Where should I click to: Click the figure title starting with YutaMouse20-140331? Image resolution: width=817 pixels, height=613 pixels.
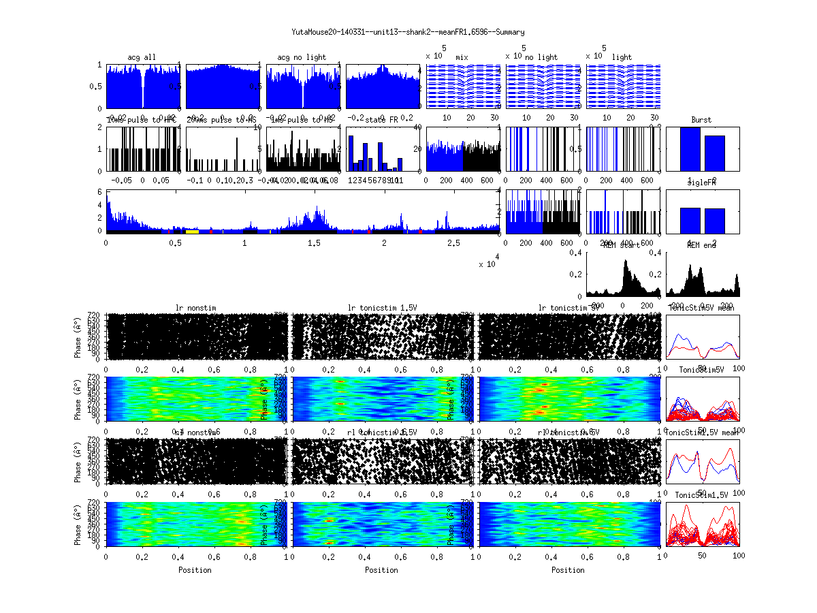click(408, 32)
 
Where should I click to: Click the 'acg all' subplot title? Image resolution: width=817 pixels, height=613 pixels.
click(142, 57)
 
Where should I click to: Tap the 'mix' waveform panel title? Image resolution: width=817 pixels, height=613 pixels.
click(462, 57)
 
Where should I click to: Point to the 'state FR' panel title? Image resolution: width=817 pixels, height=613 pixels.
click(381, 120)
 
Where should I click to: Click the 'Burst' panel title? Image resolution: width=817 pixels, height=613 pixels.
click(701, 120)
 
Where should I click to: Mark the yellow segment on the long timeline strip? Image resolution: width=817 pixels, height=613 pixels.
click(192, 232)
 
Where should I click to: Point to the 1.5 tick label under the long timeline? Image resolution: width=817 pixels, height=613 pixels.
click(315, 242)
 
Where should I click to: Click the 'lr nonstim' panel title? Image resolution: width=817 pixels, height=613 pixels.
click(199, 308)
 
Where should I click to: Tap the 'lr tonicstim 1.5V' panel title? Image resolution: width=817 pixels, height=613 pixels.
click(386, 308)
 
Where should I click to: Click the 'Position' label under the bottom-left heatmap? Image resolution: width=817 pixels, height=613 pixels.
click(195, 569)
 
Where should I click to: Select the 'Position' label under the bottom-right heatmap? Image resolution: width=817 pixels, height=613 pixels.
click(568, 569)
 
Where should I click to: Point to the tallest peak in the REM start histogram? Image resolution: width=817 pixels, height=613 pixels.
click(625, 262)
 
